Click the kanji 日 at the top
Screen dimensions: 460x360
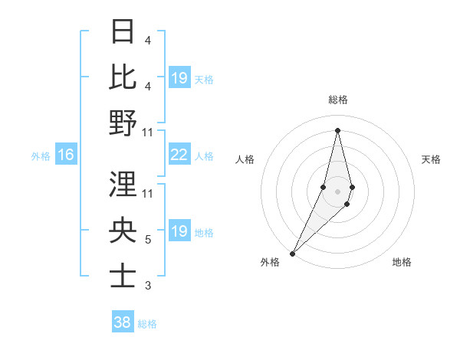123,32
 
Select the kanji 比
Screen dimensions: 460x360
123,77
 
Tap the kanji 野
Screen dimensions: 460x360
123,123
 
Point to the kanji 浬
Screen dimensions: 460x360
123,185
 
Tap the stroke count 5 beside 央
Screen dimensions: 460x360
147,240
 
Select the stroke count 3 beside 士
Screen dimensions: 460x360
147,286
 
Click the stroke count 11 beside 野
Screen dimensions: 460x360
149,133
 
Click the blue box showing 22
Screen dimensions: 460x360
179,155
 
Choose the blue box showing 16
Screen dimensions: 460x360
65,155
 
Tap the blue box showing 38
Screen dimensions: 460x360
123,323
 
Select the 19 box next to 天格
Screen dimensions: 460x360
179,78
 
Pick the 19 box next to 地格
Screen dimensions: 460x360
179,232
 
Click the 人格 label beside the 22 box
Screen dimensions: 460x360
204,156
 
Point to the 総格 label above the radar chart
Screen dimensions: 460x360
337,100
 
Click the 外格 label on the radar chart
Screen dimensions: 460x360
270,262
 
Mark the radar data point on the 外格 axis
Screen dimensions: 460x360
293,253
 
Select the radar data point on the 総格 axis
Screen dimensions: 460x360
337,130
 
